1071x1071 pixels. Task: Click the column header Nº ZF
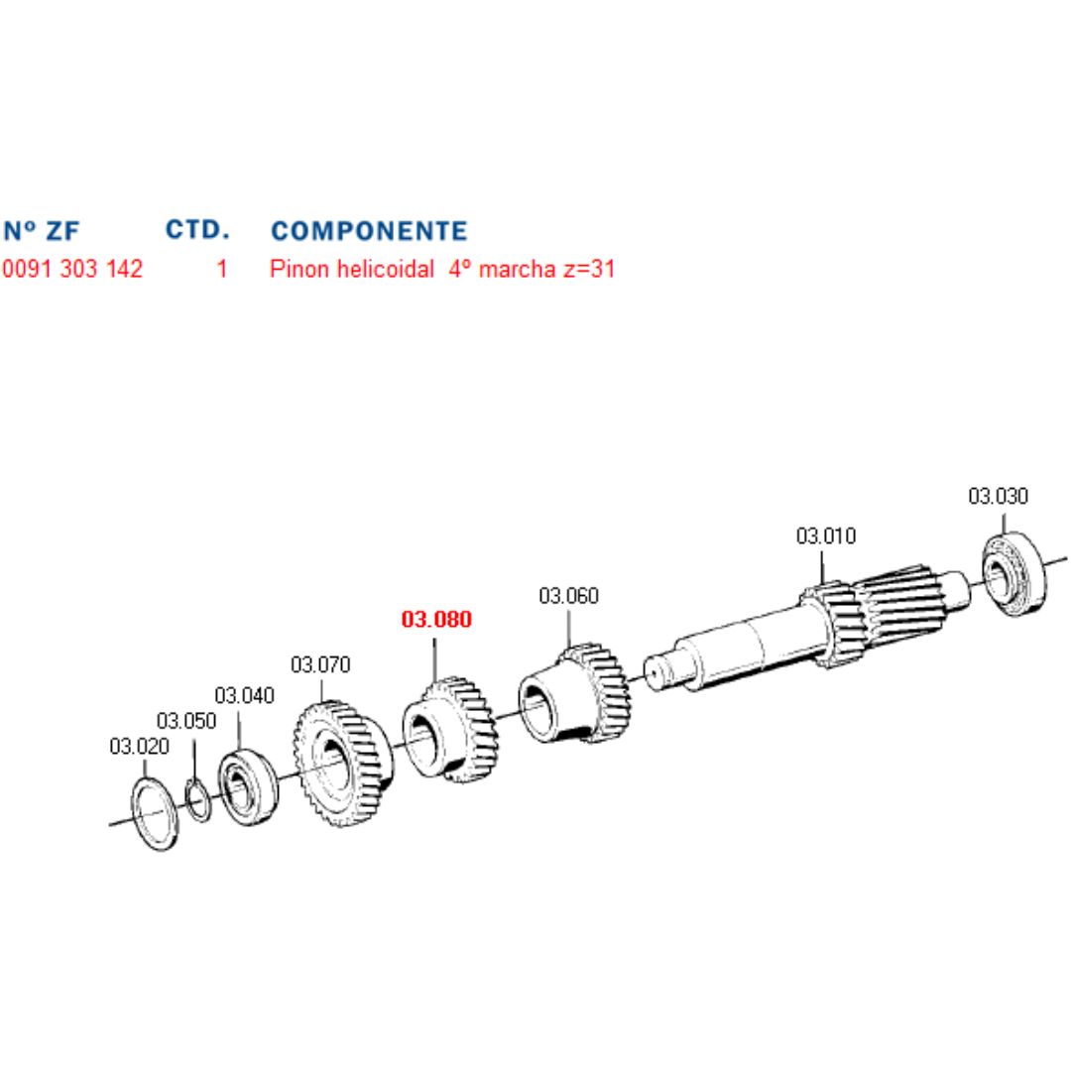pos(42,231)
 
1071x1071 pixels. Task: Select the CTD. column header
pos(197,229)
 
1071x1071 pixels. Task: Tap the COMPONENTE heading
pos(369,231)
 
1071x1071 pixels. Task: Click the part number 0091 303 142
pos(72,269)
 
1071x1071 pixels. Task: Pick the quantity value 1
pos(222,269)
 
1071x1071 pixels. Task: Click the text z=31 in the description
pos(589,269)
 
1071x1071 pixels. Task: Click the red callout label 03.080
pos(436,619)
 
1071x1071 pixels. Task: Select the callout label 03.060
pos(568,596)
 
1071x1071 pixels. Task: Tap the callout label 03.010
pos(826,536)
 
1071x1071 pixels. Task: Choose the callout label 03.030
pos(998,496)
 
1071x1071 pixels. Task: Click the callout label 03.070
pos(320,664)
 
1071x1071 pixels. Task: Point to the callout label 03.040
pos(245,695)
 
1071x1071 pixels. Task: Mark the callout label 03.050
pos(186,721)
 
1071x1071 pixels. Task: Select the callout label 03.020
pos(140,747)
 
